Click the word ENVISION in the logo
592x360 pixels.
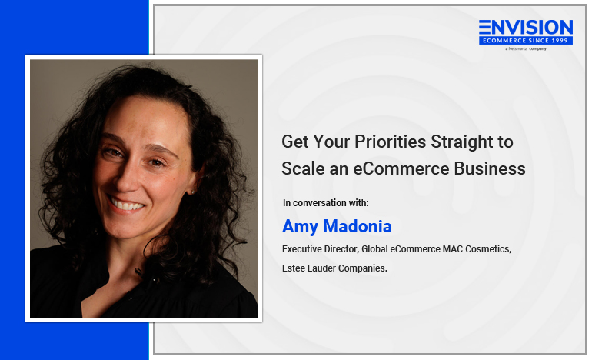click(x=526, y=27)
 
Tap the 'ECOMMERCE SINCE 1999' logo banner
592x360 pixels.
click(x=526, y=41)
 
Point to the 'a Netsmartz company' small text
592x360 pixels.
click(x=526, y=48)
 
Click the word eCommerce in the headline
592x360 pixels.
click(x=401, y=168)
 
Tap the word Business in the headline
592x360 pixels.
click(x=490, y=168)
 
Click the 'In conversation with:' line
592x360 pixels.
click(x=325, y=203)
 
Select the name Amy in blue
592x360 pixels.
click(x=300, y=227)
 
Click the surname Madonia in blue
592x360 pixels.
click(x=358, y=226)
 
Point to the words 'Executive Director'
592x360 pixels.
click(x=320, y=249)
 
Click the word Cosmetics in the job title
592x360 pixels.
click(x=488, y=249)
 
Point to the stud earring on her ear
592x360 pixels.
click(x=192, y=192)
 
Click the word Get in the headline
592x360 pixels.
click(x=295, y=142)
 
